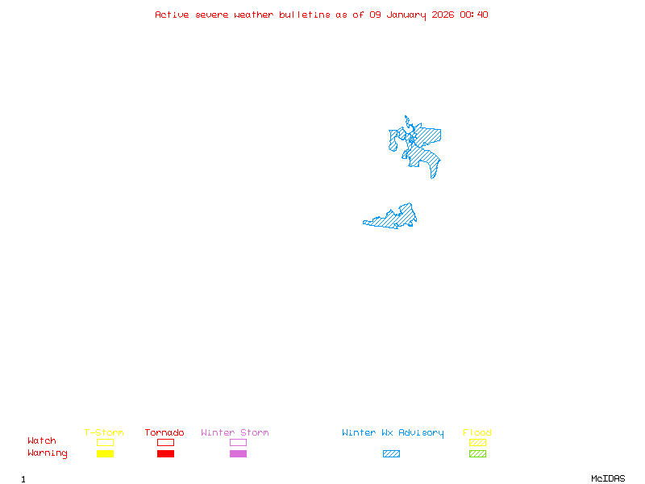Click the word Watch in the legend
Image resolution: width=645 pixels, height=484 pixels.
pos(42,441)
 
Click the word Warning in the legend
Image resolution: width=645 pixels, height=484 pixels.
pos(48,453)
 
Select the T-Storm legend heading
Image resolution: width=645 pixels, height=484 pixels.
pos(104,433)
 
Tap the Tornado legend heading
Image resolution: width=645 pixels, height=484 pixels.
pos(164,433)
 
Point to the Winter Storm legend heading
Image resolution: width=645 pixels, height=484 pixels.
pos(235,433)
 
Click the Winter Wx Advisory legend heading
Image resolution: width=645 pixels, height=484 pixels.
pos(393,433)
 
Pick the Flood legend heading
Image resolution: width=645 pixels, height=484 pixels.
pos(477,433)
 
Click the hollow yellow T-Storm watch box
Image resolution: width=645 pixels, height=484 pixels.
pos(105,442)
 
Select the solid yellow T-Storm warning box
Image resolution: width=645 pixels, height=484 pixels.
pos(105,454)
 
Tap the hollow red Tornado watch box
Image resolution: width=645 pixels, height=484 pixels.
pos(165,442)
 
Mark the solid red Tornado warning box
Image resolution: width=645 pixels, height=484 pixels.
pos(165,454)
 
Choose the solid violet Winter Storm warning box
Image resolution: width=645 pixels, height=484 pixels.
pos(238,454)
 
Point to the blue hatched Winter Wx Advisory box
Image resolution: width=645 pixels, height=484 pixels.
pos(391,454)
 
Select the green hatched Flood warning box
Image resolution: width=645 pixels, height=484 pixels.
pos(477,454)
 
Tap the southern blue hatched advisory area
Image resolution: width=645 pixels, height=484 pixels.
pos(395,217)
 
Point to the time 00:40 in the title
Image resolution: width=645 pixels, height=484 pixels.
pos(474,15)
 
